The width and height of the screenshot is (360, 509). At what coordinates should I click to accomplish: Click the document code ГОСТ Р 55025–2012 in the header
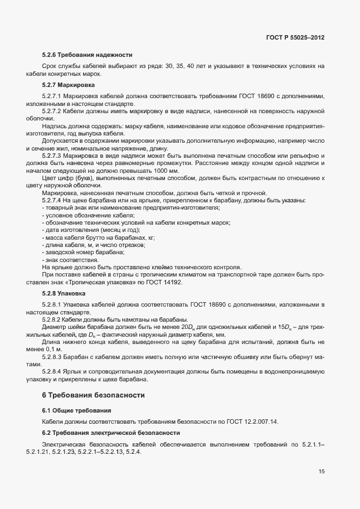coord(295,37)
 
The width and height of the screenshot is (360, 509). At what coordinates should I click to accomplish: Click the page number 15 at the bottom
coord(321,471)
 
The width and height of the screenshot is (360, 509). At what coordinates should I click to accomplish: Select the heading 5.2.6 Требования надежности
coord(87,55)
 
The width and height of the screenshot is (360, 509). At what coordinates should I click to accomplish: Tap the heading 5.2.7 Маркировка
coord(69,85)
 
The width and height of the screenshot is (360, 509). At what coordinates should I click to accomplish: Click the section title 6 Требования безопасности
coord(94,395)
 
